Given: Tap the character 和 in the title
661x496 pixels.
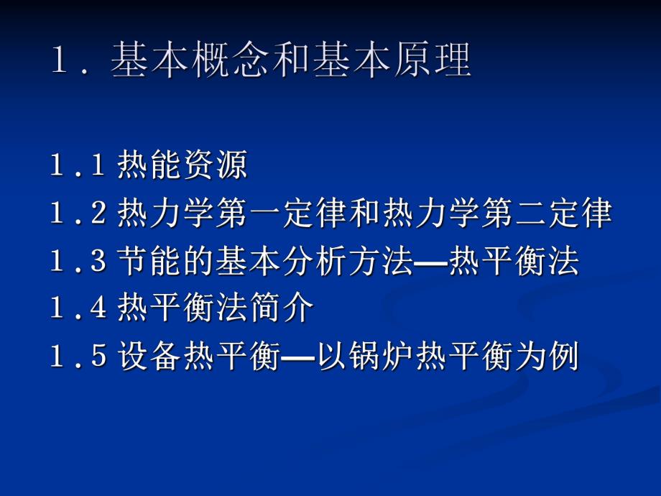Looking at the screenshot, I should [310, 62].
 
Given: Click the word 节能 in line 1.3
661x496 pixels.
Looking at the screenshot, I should [149, 262].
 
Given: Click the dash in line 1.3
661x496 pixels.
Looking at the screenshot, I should [430, 263].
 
